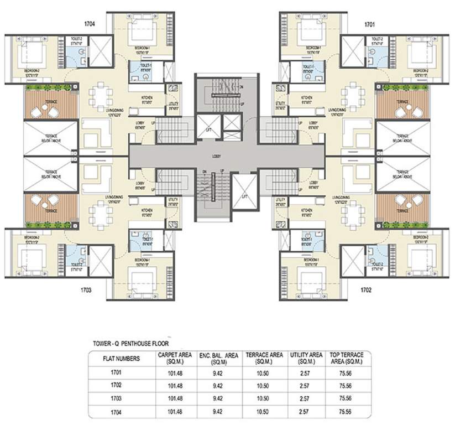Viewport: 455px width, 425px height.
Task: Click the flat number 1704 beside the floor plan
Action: pos(90,24)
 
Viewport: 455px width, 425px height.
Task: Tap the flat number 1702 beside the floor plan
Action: pos(367,289)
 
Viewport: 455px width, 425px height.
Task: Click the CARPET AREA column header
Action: pos(174,358)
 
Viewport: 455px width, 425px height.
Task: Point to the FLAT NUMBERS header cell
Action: pos(121,358)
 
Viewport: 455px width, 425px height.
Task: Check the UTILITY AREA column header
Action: pos(302,358)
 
